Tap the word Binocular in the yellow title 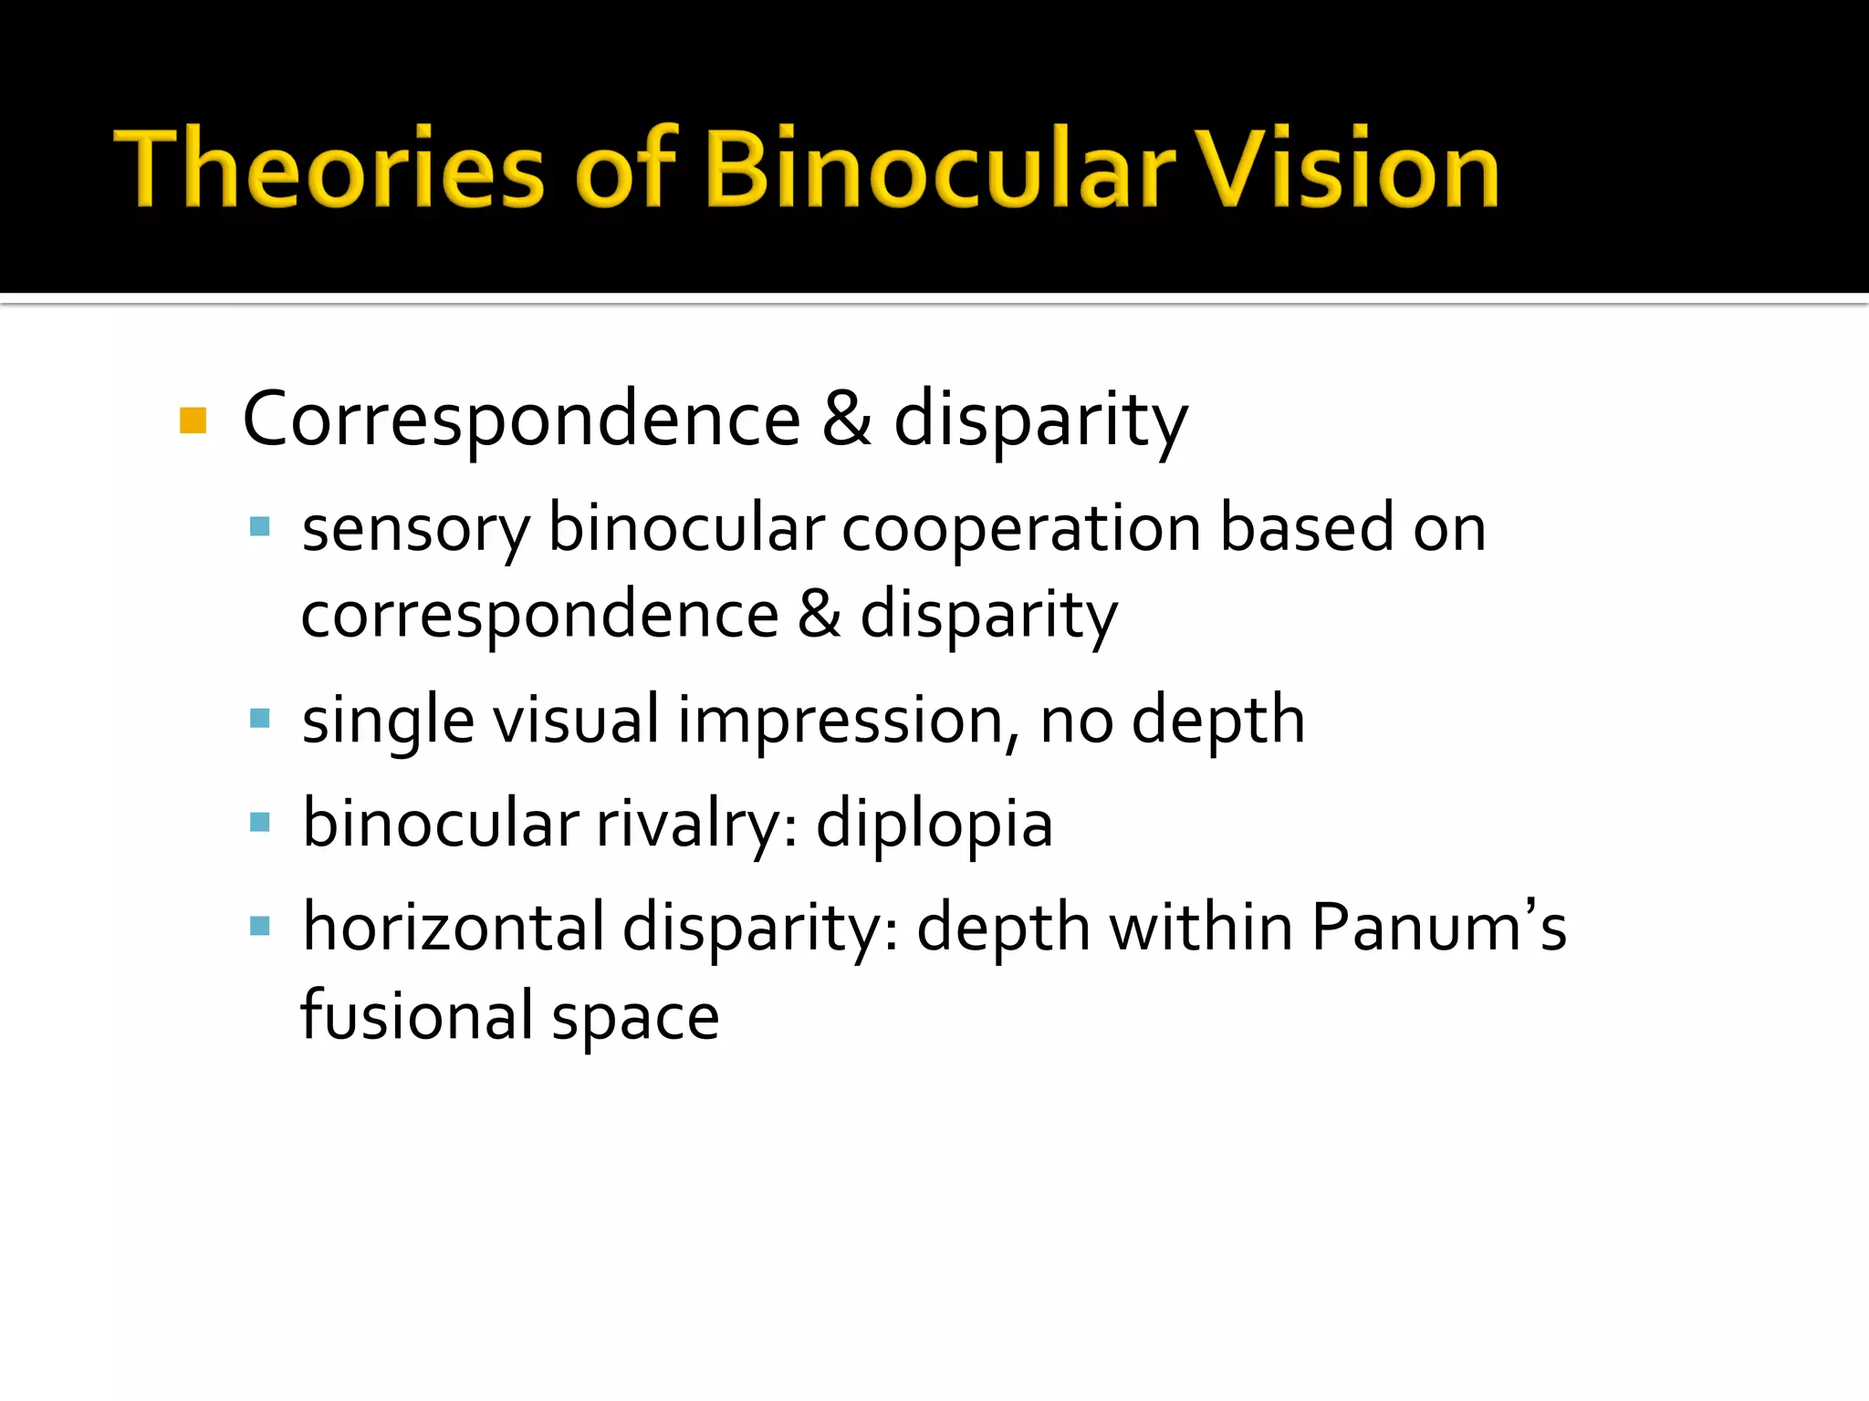coord(940,169)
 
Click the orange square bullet coord(193,420)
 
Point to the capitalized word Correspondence coord(521,420)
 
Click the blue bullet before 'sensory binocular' coord(260,526)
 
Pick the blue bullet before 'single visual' coord(260,719)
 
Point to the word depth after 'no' coord(1217,721)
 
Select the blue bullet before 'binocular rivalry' coord(260,823)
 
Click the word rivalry coord(697,825)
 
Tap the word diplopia coord(934,825)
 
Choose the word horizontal coord(454,928)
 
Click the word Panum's coord(1438,928)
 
